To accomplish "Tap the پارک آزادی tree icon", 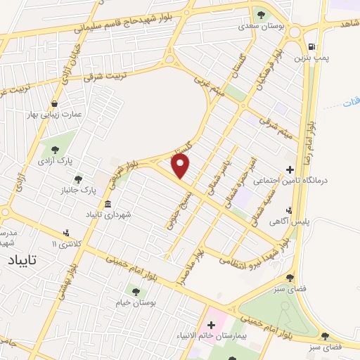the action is coord(54,149).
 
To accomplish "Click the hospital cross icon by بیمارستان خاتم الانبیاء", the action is coord(211,326).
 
